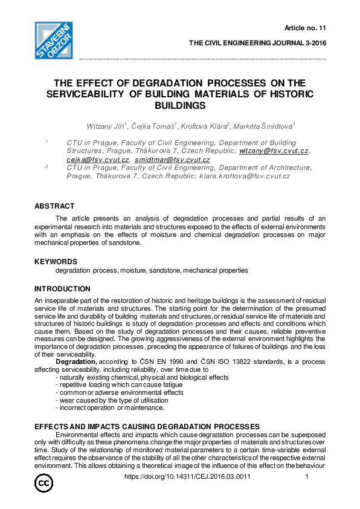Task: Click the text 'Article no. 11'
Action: (304, 28)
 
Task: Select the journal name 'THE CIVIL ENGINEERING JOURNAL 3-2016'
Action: (257, 44)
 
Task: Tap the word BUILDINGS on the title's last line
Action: (181, 105)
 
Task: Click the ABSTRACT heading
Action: (54, 206)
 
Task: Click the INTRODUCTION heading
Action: (62, 289)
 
